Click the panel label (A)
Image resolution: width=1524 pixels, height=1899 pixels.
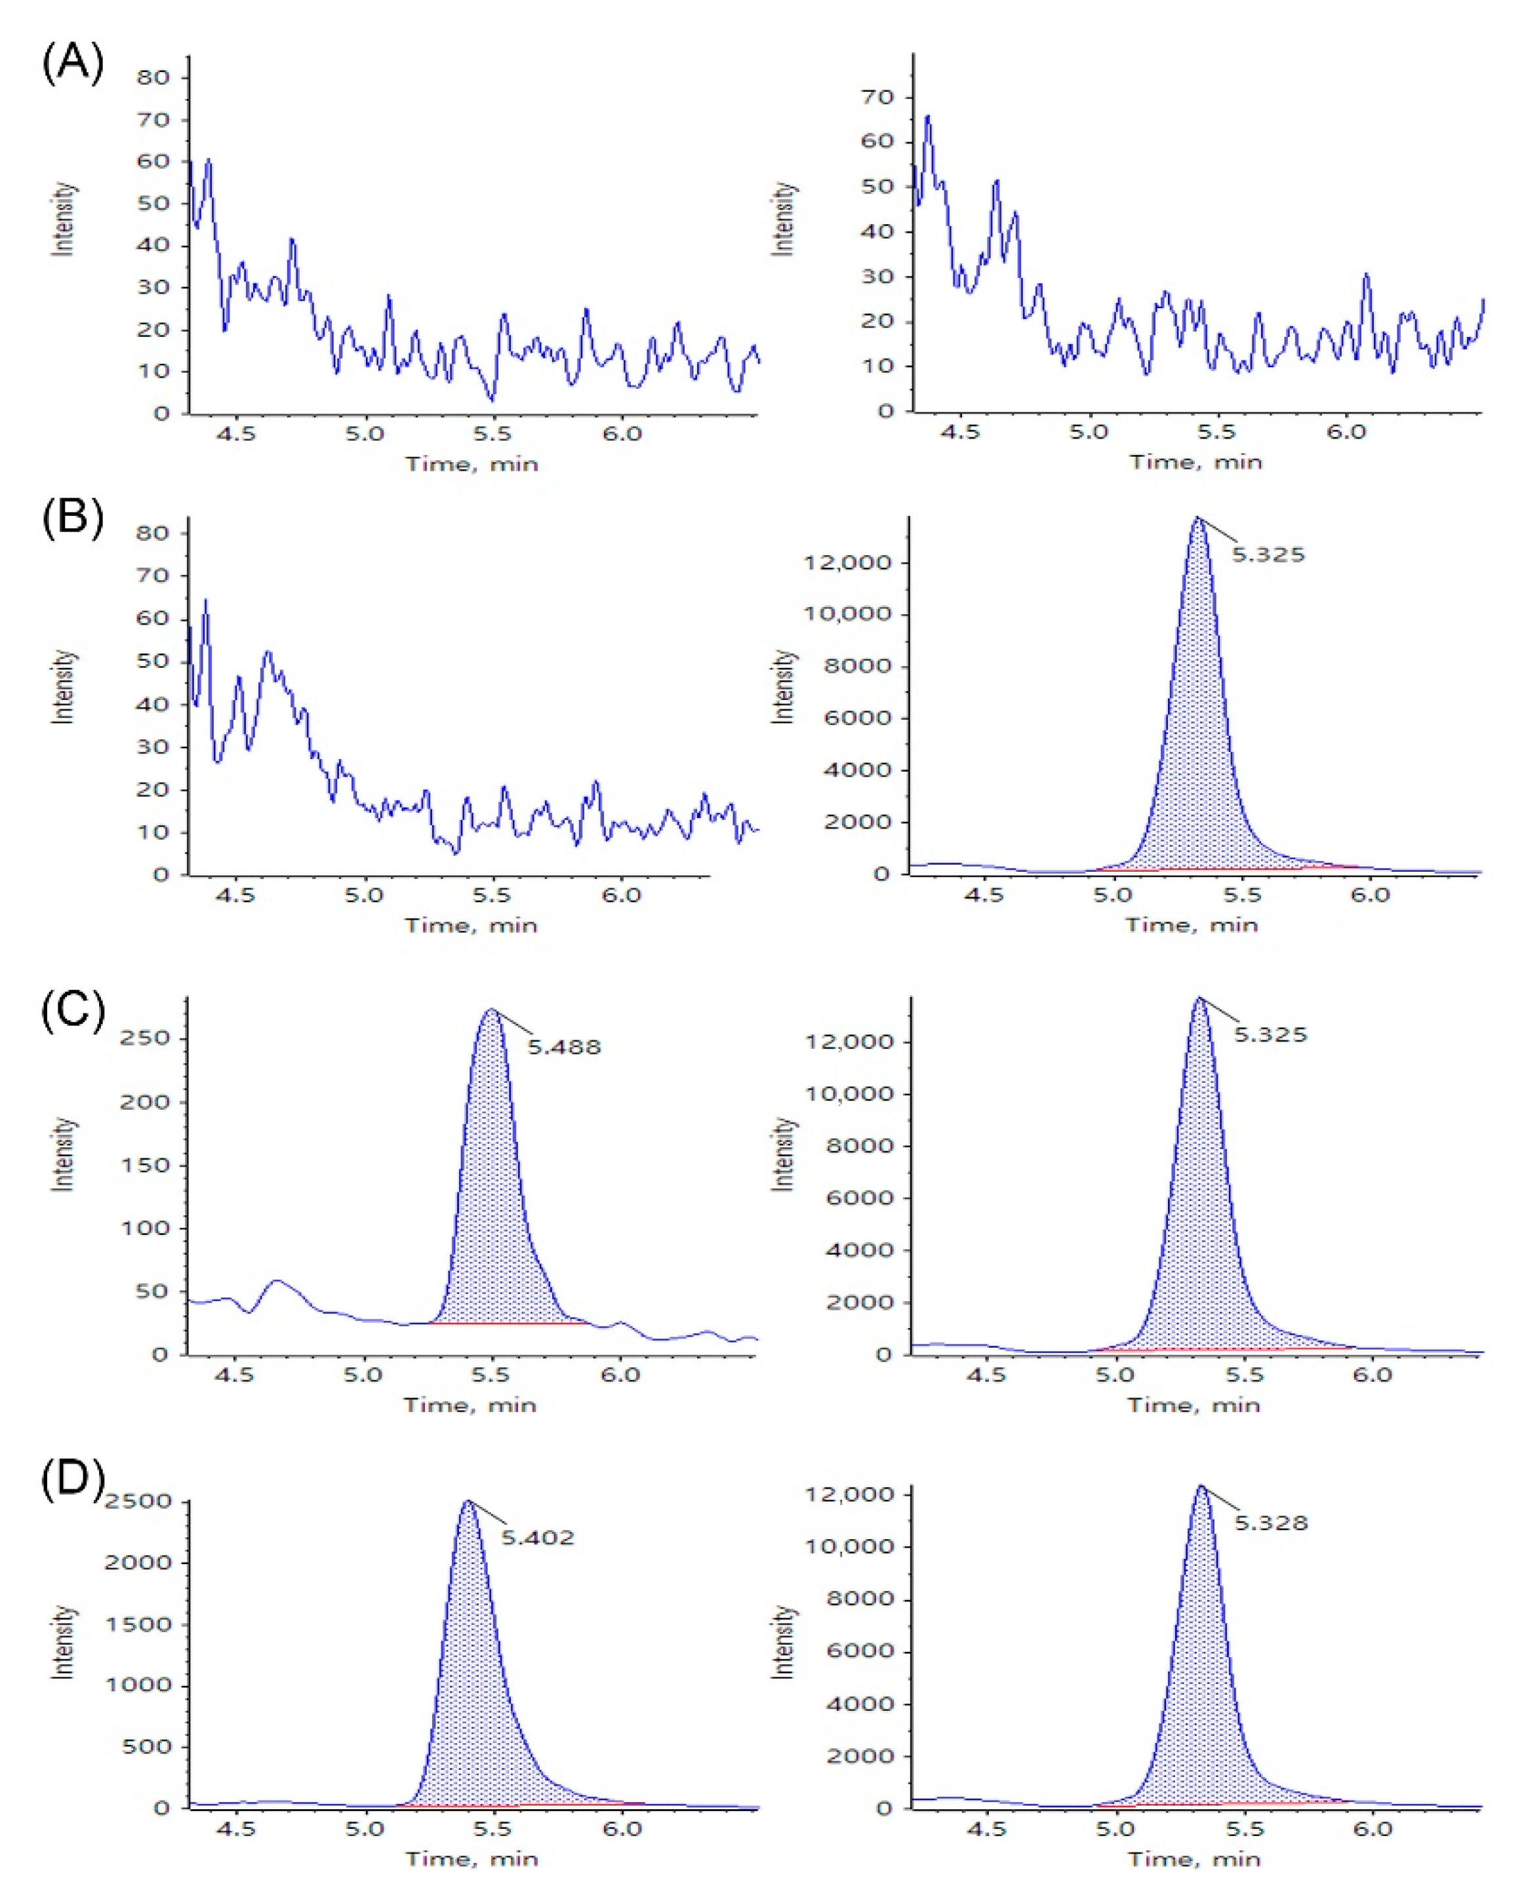pyautogui.click(x=72, y=64)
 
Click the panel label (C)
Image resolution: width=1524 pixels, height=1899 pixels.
pyautogui.click(x=72, y=1009)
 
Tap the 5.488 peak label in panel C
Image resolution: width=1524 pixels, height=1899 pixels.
pyautogui.click(x=564, y=1047)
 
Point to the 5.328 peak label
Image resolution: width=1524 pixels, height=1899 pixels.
pyautogui.click(x=1270, y=1523)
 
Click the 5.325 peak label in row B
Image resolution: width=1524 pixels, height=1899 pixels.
pyautogui.click(x=1268, y=555)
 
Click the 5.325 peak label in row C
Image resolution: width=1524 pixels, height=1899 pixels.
pyautogui.click(x=1270, y=1034)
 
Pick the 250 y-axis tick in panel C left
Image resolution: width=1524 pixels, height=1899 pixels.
pyautogui.click(x=144, y=1038)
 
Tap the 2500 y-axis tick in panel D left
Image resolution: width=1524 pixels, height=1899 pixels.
pyautogui.click(x=138, y=1502)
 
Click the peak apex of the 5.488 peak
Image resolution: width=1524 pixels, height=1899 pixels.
pyautogui.click(x=491, y=1009)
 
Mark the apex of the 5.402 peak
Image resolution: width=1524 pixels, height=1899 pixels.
pyautogui.click(x=468, y=1501)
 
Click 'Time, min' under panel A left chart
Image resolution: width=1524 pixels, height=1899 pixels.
pyautogui.click(x=471, y=464)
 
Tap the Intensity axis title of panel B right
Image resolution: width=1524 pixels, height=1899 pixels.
pyautogui.click(x=782, y=687)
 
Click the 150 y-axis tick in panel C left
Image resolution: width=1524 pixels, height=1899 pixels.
pyautogui.click(x=144, y=1165)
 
